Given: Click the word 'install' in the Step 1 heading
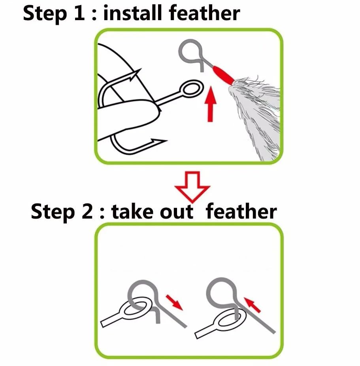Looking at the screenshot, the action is click(132, 13).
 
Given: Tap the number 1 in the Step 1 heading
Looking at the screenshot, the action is click(79, 13).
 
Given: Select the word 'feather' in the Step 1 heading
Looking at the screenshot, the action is click(205, 13).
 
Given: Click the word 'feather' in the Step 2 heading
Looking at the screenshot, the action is click(241, 211).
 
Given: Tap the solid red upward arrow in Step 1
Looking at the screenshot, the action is click(211, 104).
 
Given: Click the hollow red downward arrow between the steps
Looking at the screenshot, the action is click(192, 187).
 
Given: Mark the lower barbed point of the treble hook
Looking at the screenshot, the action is click(158, 141).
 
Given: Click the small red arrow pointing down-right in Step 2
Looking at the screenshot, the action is click(175, 303).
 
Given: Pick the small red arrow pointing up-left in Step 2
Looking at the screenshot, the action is click(252, 305).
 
